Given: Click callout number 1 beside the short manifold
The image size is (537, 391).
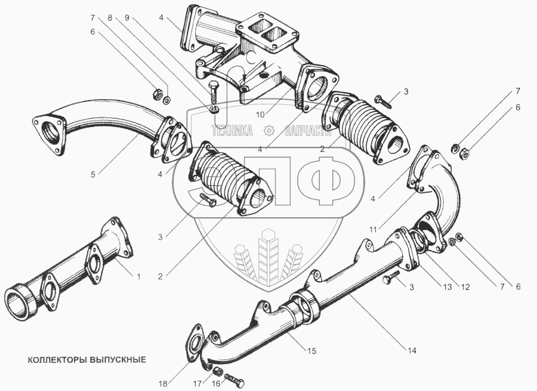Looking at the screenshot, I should coord(138,276).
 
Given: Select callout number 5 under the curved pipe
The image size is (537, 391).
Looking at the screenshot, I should coord(93,175).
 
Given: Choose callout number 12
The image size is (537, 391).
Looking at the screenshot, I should coord(465,286).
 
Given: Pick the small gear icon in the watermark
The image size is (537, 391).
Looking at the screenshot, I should coord(269,130).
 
